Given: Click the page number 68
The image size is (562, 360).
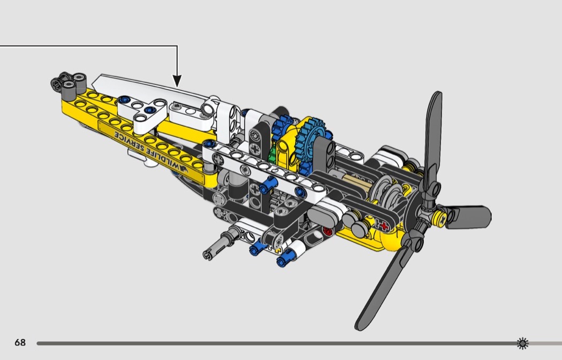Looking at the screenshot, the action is coord(20,342).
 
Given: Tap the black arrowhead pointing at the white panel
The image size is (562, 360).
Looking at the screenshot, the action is coord(177,81).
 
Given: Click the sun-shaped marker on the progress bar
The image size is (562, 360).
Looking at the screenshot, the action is coord(522,343).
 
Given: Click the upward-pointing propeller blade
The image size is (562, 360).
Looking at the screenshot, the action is coord(433,140).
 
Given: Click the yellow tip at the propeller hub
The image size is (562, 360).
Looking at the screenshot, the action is coord(440,217).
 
